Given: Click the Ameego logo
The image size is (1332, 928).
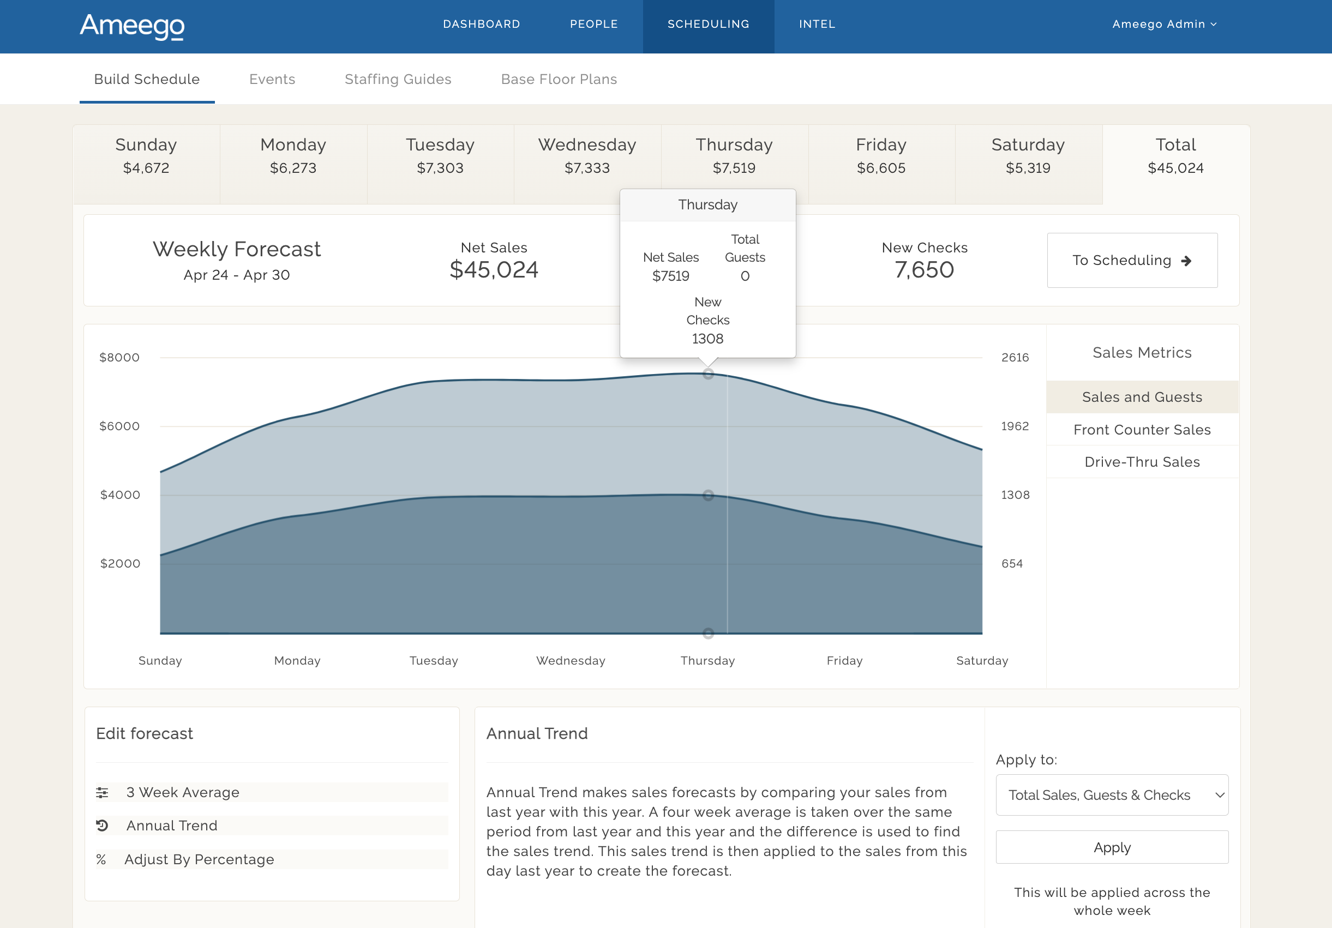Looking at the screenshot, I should pyautogui.click(x=132, y=26).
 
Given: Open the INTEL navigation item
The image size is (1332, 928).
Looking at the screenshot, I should pyautogui.click(x=817, y=25).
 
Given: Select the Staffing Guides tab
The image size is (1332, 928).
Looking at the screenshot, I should pyautogui.click(x=398, y=80).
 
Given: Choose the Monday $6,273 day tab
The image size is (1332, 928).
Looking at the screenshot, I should pyautogui.click(x=293, y=156).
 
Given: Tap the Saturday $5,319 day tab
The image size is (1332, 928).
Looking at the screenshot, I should pyautogui.click(x=1028, y=156).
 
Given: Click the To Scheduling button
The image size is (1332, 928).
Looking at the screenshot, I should pyautogui.click(x=1132, y=261).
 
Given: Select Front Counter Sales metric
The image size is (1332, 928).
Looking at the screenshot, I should pyautogui.click(x=1142, y=430).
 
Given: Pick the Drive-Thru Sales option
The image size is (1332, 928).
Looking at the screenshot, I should pyautogui.click(x=1142, y=462).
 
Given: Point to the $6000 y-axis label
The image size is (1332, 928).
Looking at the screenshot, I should pyautogui.click(x=119, y=426).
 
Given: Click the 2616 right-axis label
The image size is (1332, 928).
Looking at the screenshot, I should pyautogui.click(x=1015, y=358).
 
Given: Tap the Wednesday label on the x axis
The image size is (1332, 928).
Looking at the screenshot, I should pyautogui.click(x=571, y=661).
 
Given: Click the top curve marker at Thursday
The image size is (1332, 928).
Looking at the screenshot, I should pyautogui.click(x=708, y=374).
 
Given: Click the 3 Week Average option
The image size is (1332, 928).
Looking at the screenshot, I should pyautogui.click(x=183, y=792).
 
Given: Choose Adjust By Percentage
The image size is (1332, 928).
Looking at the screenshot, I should pyautogui.click(x=199, y=859).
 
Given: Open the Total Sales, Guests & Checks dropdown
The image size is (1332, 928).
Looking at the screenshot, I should pyautogui.click(x=1112, y=795).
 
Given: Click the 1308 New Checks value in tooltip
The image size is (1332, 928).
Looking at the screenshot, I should pyautogui.click(x=707, y=339).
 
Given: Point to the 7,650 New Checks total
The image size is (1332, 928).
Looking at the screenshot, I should pyautogui.click(x=924, y=270).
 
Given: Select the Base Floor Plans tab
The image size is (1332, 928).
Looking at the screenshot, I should pyautogui.click(x=559, y=80).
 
